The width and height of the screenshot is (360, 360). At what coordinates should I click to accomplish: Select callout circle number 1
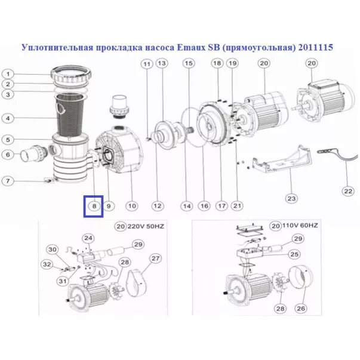(x=9, y=74)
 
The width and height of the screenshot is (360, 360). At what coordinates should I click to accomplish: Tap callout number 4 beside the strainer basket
(x=9, y=118)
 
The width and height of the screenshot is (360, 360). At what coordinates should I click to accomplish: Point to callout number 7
(x=9, y=181)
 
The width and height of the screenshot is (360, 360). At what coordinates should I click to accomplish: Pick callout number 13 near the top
(x=161, y=63)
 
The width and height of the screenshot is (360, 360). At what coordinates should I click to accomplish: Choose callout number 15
(x=189, y=63)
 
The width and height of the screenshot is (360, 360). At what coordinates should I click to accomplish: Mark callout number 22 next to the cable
(x=347, y=191)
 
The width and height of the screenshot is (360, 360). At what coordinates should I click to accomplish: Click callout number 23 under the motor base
(x=291, y=198)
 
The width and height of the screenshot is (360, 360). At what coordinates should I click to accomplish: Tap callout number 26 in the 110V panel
(x=301, y=309)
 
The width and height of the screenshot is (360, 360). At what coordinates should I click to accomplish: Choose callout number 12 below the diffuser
(x=157, y=206)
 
